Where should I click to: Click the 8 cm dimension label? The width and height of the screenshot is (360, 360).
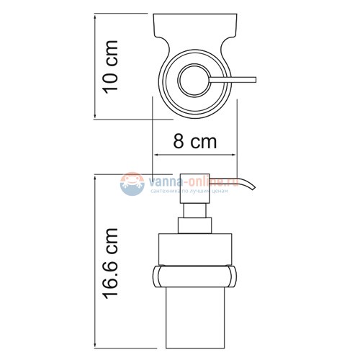194,142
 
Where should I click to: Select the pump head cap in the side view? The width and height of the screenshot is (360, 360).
196,186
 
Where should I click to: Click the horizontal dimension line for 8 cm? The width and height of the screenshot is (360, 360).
194,155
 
